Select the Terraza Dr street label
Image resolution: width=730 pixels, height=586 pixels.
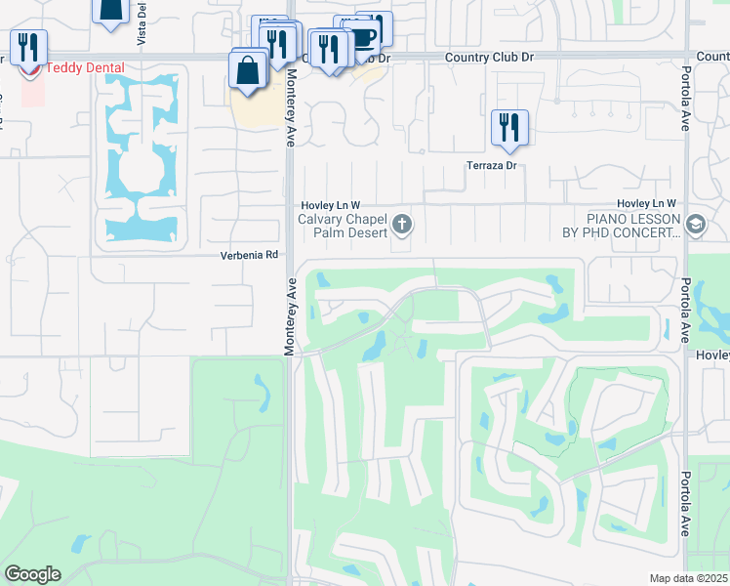tap(490, 166)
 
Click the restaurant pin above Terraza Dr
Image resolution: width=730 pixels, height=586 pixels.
tap(509, 127)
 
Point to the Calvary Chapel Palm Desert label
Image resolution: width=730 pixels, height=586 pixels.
tap(343, 226)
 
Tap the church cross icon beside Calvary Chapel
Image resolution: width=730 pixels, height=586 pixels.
tap(401, 227)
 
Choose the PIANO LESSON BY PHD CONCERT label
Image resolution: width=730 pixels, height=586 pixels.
tap(632, 226)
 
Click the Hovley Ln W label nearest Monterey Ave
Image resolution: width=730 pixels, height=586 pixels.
tap(330, 203)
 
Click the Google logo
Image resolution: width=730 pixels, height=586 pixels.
tap(32, 574)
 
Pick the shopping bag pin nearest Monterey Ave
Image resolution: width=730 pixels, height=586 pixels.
tap(248, 70)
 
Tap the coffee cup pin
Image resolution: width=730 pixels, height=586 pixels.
tap(363, 37)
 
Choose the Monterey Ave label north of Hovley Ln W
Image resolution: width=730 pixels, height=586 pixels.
tap(289, 112)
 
